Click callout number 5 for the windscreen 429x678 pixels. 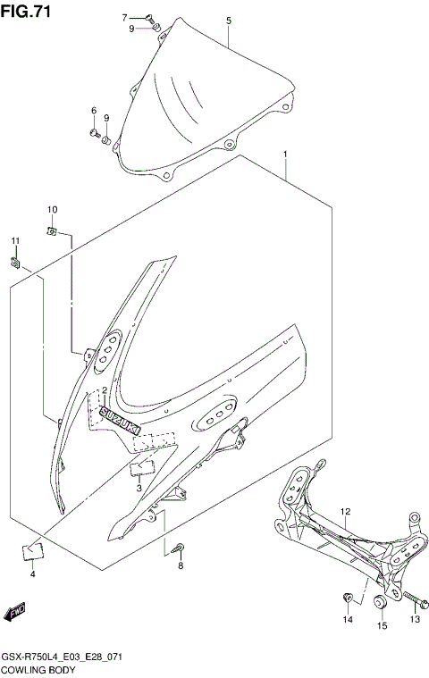pos(228,20)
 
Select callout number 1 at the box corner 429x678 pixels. pos(284,155)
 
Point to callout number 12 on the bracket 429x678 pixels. pos(345,511)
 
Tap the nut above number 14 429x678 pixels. pos(348,596)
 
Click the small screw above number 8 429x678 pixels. pos(180,548)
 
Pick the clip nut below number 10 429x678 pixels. pos(53,232)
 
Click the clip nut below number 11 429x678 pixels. pos(15,261)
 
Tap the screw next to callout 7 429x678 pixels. pos(150,17)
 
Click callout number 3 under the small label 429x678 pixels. pos(139,488)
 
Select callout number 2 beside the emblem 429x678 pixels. pos(105,390)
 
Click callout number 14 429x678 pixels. pos(348,619)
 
